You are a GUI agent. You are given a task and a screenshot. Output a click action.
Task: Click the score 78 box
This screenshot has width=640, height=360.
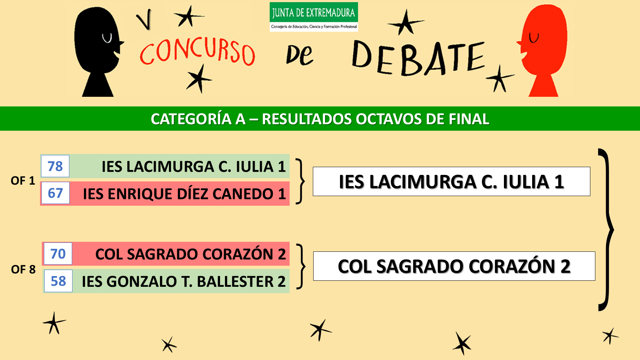pyautogui.click(x=55, y=166)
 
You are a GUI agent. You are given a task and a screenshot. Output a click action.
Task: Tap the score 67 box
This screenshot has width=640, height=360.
pyautogui.click(x=55, y=193)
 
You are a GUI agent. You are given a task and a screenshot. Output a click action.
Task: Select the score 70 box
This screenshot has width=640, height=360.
pyautogui.click(x=58, y=254)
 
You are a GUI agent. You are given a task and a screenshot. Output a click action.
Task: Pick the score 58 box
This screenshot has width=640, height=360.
pyautogui.click(x=59, y=281)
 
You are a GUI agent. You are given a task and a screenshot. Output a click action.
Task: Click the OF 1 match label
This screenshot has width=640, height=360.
pyautogui.click(x=23, y=181)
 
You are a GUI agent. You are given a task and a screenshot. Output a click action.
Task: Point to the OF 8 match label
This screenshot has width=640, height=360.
pyautogui.click(x=23, y=269)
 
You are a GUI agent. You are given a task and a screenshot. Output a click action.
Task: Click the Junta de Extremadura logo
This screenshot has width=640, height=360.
pyautogui.click(x=314, y=17)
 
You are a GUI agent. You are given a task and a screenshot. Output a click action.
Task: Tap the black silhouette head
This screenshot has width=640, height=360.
pyautogui.click(x=98, y=52)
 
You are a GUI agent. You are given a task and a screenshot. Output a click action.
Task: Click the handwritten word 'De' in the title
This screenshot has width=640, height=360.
pyautogui.click(x=299, y=56)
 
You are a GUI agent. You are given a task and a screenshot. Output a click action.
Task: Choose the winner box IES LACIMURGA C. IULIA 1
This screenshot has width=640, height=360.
pyautogui.click(x=451, y=181)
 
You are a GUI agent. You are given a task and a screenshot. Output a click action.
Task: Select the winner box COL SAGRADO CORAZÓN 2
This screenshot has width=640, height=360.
pyautogui.click(x=454, y=266)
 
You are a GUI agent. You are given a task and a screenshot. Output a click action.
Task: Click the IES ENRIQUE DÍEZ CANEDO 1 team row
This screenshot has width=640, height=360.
pyautogui.click(x=165, y=193)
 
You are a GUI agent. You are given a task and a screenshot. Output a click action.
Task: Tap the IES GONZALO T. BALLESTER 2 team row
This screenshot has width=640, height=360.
pyautogui.click(x=166, y=281)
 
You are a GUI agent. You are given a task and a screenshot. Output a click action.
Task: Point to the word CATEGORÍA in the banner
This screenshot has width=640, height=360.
pyautogui.click(x=191, y=119)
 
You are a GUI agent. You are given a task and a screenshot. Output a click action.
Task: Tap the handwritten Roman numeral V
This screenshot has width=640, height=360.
pyautogui.click(x=144, y=19)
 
